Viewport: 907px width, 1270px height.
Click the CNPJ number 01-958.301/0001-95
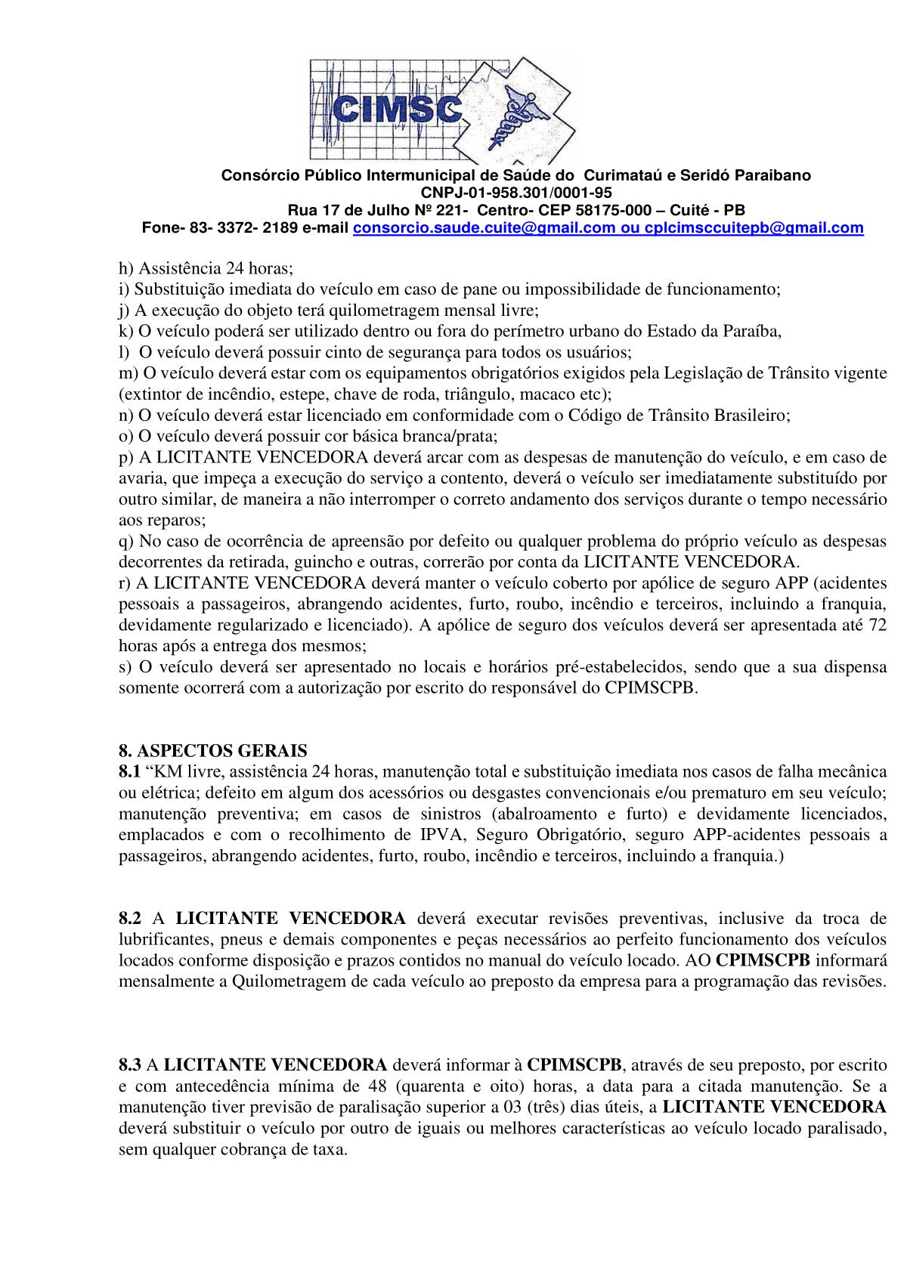coord(531,192)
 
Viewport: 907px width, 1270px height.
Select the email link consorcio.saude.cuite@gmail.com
coord(484,228)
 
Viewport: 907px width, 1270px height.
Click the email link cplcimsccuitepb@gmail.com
coord(754,228)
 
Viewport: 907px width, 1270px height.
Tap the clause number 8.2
coord(130,919)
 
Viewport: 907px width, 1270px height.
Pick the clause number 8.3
coord(130,1065)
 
